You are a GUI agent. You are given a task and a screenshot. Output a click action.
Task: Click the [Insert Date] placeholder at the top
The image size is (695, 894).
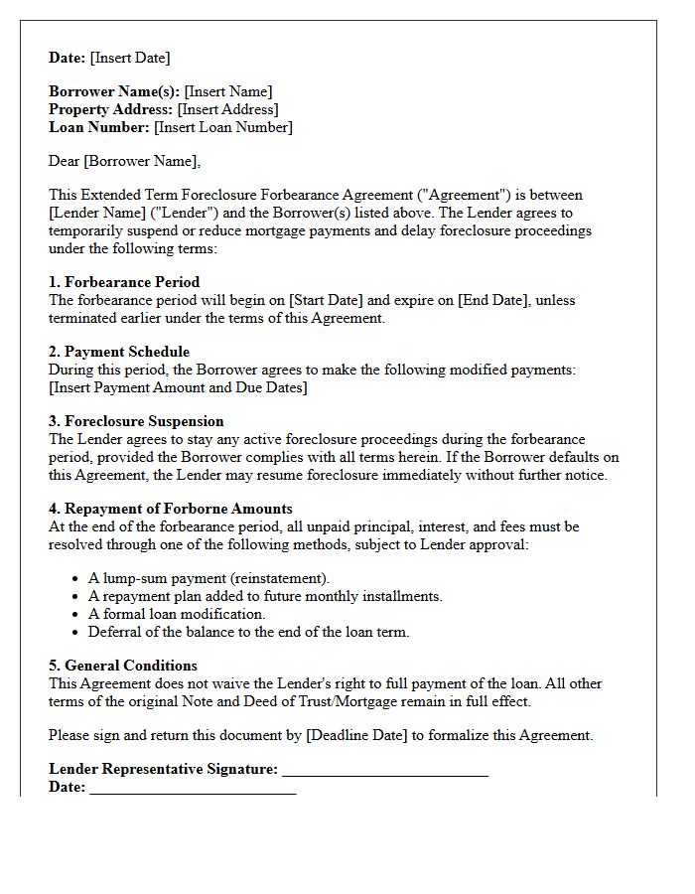click(x=129, y=58)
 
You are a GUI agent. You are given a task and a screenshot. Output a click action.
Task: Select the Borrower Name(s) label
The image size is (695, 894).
click(x=114, y=91)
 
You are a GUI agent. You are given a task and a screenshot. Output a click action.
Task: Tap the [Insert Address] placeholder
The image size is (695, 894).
click(x=228, y=109)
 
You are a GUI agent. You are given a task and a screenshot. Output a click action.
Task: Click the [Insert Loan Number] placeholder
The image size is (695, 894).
click(x=223, y=127)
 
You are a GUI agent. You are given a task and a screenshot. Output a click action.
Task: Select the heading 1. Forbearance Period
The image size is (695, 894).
click(x=124, y=282)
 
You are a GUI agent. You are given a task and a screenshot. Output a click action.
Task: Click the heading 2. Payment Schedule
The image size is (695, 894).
click(x=119, y=352)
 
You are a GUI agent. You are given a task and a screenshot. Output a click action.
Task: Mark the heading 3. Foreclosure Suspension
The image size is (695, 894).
click(x=136, y=421)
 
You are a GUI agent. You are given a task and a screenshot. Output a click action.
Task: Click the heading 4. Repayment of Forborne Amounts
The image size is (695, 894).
click(x=171, y=509)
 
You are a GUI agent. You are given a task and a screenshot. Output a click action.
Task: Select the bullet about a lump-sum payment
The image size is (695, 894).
click(x=209, y=578)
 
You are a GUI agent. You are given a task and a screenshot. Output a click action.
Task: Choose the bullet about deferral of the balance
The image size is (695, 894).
click(x=248, y=632)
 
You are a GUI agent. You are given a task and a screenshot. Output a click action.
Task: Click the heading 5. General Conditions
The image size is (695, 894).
click(x=123, y=666)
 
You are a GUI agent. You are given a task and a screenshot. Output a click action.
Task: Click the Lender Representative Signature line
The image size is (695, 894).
click(x=385, y=771)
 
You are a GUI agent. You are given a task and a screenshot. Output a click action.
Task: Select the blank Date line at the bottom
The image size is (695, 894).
click(x=193, y=789)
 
